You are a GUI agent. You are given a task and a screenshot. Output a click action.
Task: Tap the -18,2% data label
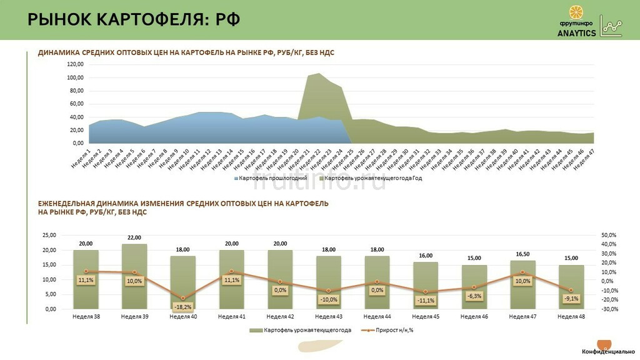(x=183, y=307)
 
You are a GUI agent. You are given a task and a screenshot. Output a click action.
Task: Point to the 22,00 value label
(x=134, y=237)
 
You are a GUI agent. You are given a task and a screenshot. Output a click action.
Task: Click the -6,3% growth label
(x=474, y=296)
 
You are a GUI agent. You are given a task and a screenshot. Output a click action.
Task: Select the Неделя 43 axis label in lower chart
(x=329, y=317)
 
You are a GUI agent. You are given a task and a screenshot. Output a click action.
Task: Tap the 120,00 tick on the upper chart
(x=74, y=64)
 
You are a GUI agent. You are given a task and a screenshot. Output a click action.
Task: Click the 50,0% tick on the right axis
(x=609, y=235)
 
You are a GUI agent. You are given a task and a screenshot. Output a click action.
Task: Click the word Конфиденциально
(x=609, y=352)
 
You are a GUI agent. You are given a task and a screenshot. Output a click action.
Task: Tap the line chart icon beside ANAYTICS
(x=611, y=26)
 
